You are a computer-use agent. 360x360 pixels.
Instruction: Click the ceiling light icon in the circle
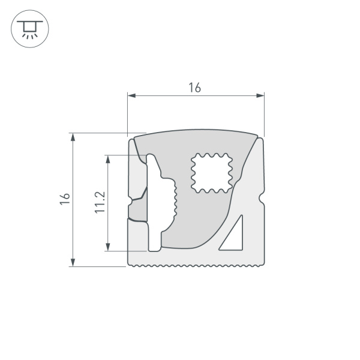coord(28,28)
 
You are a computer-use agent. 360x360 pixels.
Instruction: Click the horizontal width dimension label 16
coord(194,88)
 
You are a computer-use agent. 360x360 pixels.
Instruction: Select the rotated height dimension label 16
coord(65,199)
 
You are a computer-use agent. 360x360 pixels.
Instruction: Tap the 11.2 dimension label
coord(100,202)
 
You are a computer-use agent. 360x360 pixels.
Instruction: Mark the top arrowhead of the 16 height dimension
coord(73,137)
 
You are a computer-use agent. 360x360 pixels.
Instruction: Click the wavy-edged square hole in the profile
coord(211,173)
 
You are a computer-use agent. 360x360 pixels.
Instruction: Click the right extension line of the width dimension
coord(264,114)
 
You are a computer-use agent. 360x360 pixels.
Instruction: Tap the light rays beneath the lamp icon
coord(28,35)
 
